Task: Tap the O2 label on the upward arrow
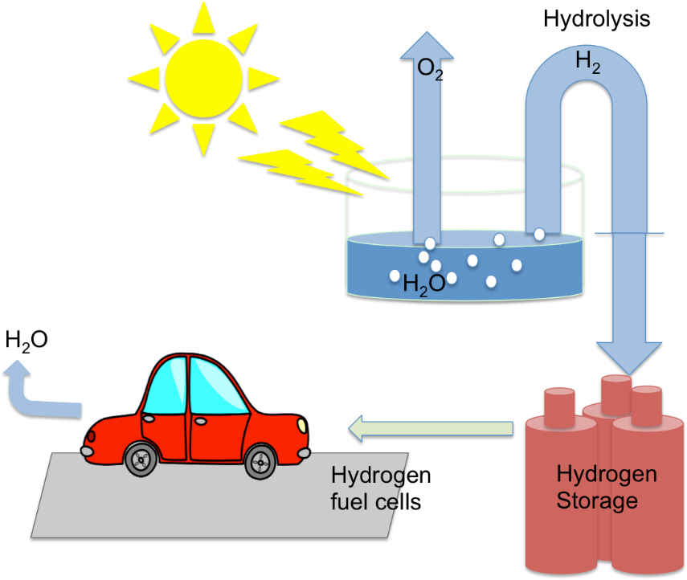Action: [429, 68]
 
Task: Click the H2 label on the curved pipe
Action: [587, 63]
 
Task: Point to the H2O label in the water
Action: [423, 284]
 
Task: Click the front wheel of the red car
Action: [260, 461]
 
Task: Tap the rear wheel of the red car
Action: [141, 459]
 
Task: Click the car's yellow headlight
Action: [302, 423]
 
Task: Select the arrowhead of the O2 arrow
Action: [427, 45]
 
